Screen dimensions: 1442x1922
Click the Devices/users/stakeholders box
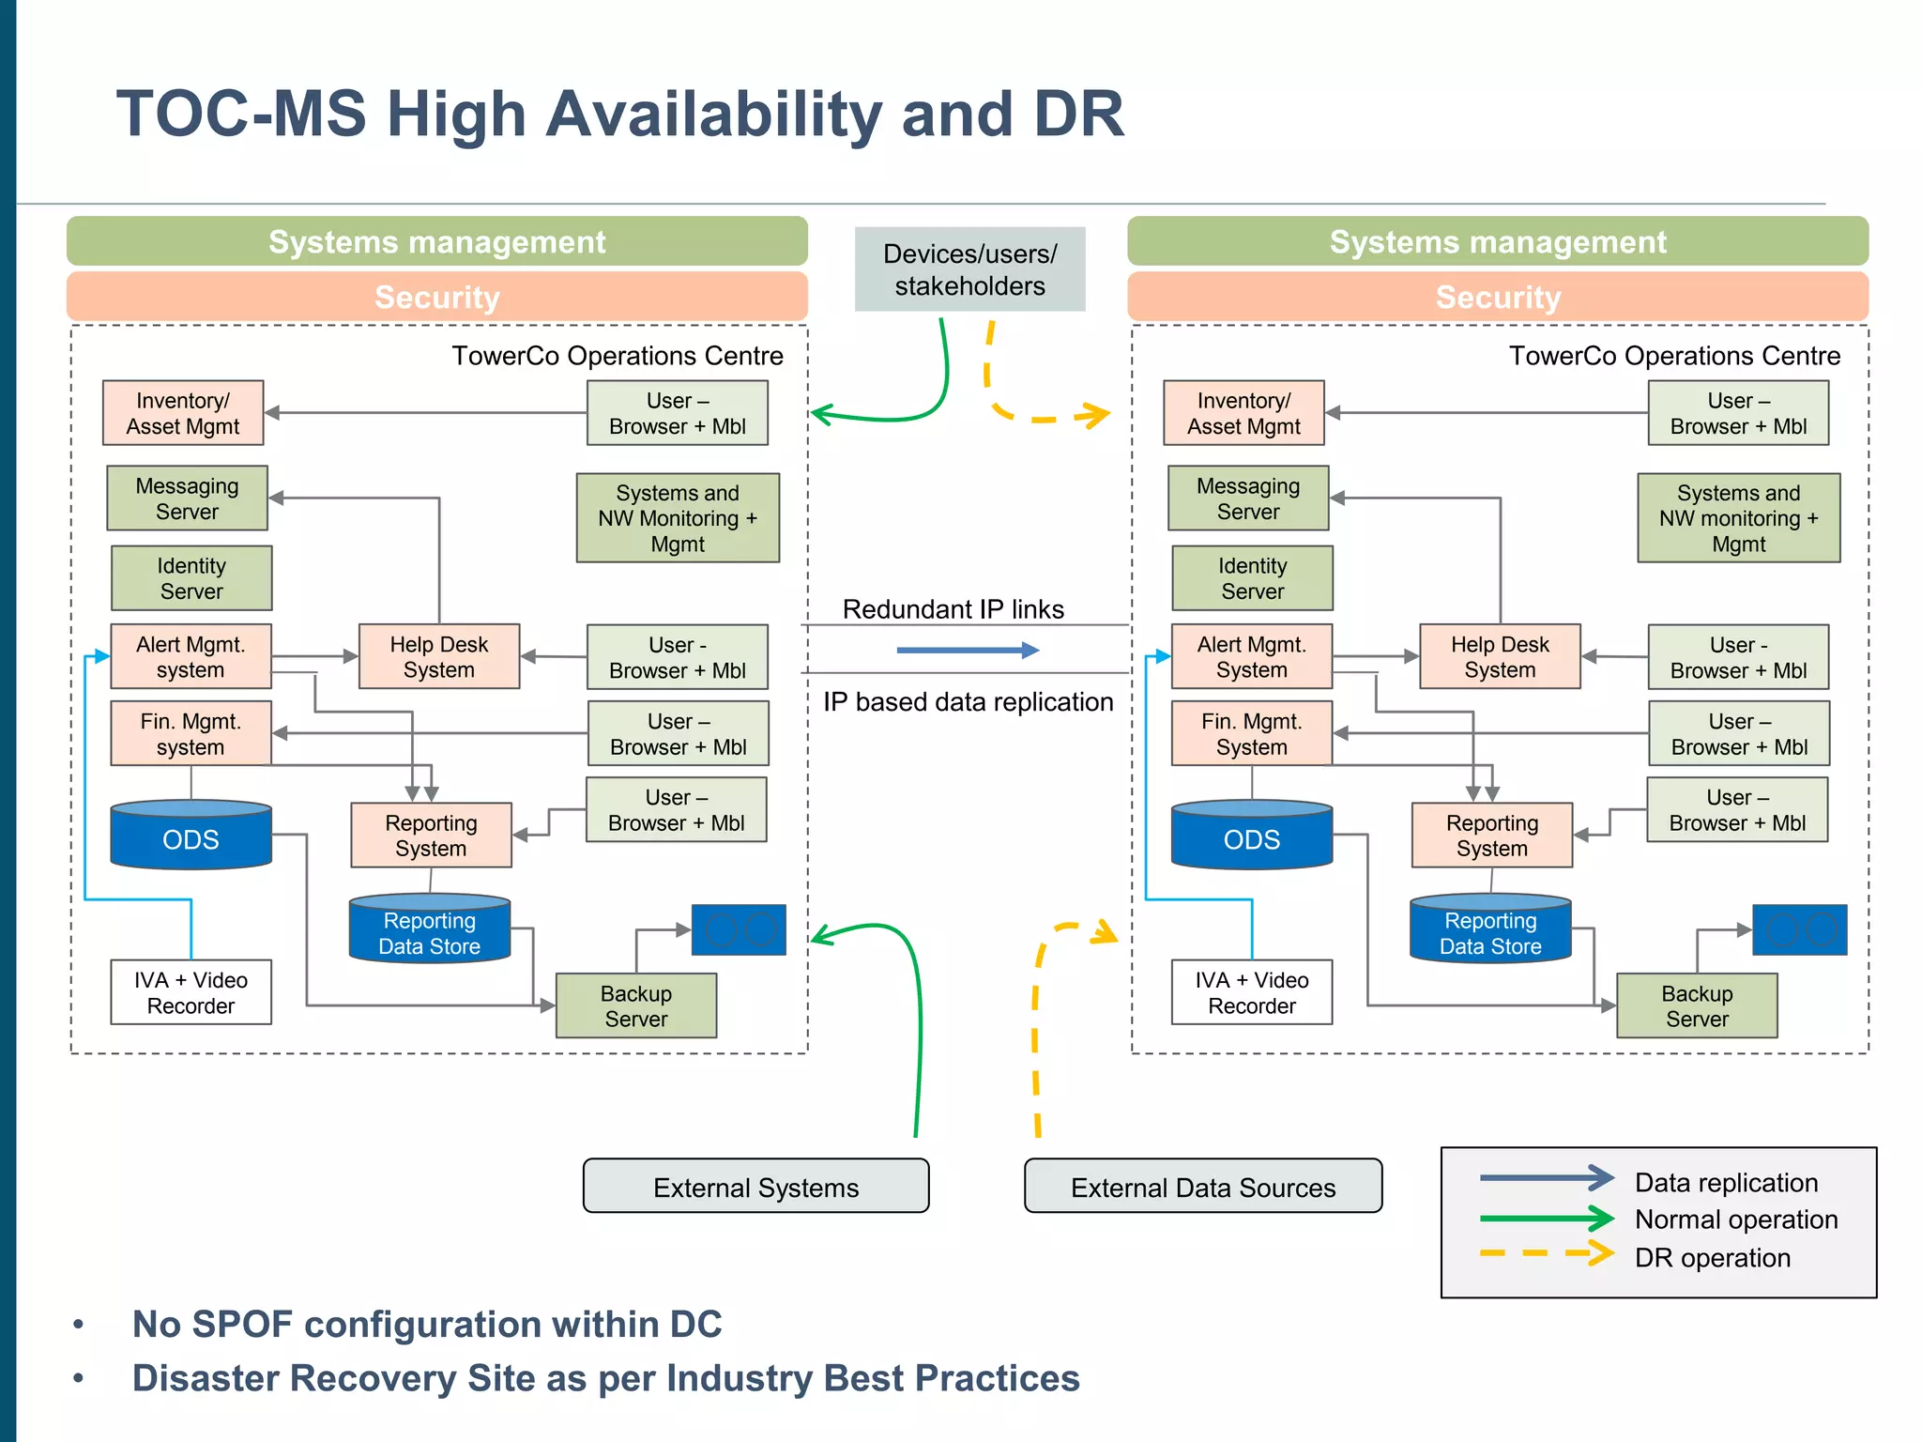tap(969, 269)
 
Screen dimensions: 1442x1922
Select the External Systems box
tap(755, 1187)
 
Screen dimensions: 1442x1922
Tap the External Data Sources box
tap(1202, 1187)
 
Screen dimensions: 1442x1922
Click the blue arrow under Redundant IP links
tap(968, 650)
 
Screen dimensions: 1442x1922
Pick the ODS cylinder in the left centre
tap(191, 836)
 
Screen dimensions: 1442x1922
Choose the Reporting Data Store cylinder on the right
tap(1490, 931)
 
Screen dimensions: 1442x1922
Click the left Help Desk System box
tap(438, 657)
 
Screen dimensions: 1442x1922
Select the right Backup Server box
tap(1697, 1005)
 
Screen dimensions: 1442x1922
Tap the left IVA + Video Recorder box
tap(191, 992)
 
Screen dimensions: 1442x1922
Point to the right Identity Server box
tap(1252, 578)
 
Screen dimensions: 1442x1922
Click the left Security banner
tap(436, 297)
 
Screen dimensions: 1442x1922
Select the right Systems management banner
tap(1497, 242)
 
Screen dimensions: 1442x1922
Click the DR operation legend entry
tap(1712, 1257)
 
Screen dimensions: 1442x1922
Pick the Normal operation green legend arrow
tap(1546, 1219)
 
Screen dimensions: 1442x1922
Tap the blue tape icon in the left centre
tap(739, 929)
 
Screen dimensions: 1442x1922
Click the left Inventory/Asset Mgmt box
tap(183, 413)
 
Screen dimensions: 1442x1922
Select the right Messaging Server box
tap(1248, 499)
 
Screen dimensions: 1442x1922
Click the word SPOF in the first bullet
tap(239, 1324)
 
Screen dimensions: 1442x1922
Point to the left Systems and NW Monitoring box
tap(678, 518)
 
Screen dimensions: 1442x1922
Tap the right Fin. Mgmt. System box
tap(1251, 734)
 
